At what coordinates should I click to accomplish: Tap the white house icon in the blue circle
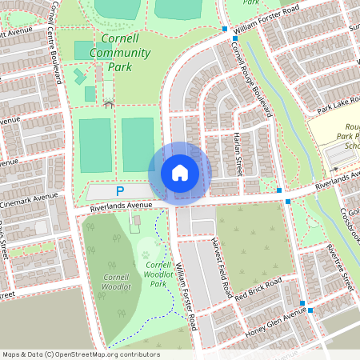point(180,173)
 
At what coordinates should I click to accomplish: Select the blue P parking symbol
point(120,191)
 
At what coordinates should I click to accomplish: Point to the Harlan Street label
point(238,153)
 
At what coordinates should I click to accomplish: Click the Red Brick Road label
point(258,290)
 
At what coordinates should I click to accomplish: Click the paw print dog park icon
point(146,255)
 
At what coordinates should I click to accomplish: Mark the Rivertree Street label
point(339,266)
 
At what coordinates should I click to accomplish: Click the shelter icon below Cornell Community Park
point(108,102)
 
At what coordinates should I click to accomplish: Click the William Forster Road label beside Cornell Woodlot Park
point(186,296)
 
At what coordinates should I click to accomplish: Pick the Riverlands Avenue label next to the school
point(335,183)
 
